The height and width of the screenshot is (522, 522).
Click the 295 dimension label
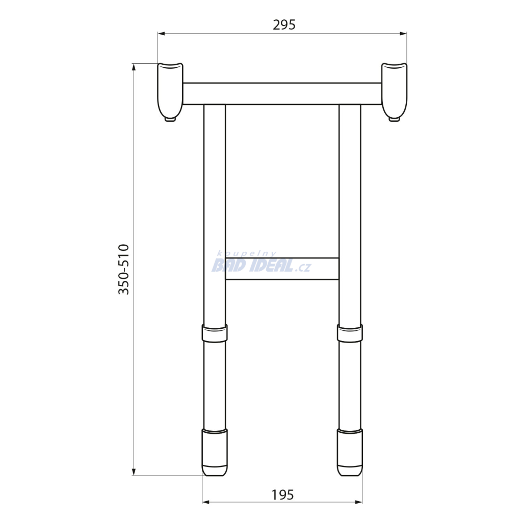coord(284,25)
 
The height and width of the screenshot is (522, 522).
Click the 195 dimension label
coord(282,495)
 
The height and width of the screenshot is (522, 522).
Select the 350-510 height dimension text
coord(123,269)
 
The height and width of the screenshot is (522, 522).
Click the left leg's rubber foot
coord(215,453)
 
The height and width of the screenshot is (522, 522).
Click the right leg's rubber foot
coord(350,453)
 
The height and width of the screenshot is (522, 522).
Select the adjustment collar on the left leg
coord(215,333)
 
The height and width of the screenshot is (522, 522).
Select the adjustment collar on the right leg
coord(350,333)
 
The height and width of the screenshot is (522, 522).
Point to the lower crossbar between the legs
coord(282,269)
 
